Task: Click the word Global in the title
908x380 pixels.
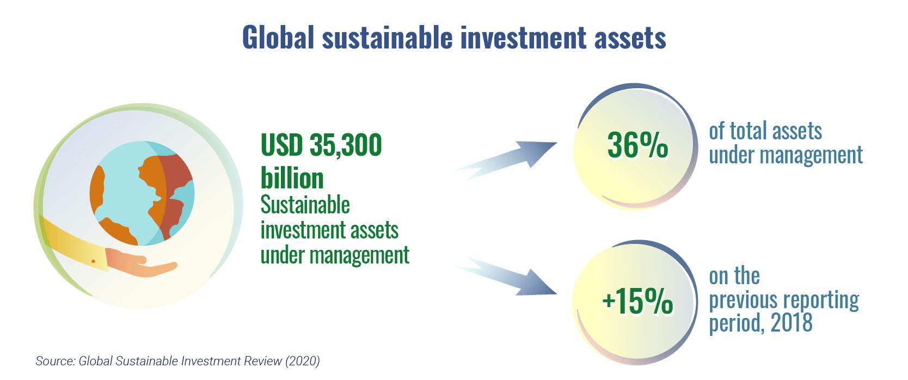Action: (x=278, y=38)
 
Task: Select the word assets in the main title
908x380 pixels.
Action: (x=630, y=39)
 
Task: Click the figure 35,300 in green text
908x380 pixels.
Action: (x=346, y=145)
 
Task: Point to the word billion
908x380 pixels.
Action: (x=292, y=178)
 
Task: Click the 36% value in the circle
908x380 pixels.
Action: (x=637, y=145)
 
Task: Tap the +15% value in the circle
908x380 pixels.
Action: (x=637, y=301)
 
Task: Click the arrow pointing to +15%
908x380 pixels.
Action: (x=507, y=277)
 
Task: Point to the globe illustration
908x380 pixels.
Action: (x=142, y=193)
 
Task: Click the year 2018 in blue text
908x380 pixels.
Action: (x=792, y=323)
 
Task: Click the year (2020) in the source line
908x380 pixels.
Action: (x=303, y=361)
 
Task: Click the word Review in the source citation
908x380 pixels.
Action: (x=263, y=361)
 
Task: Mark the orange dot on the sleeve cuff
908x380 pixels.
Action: (x=93, y=261)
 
